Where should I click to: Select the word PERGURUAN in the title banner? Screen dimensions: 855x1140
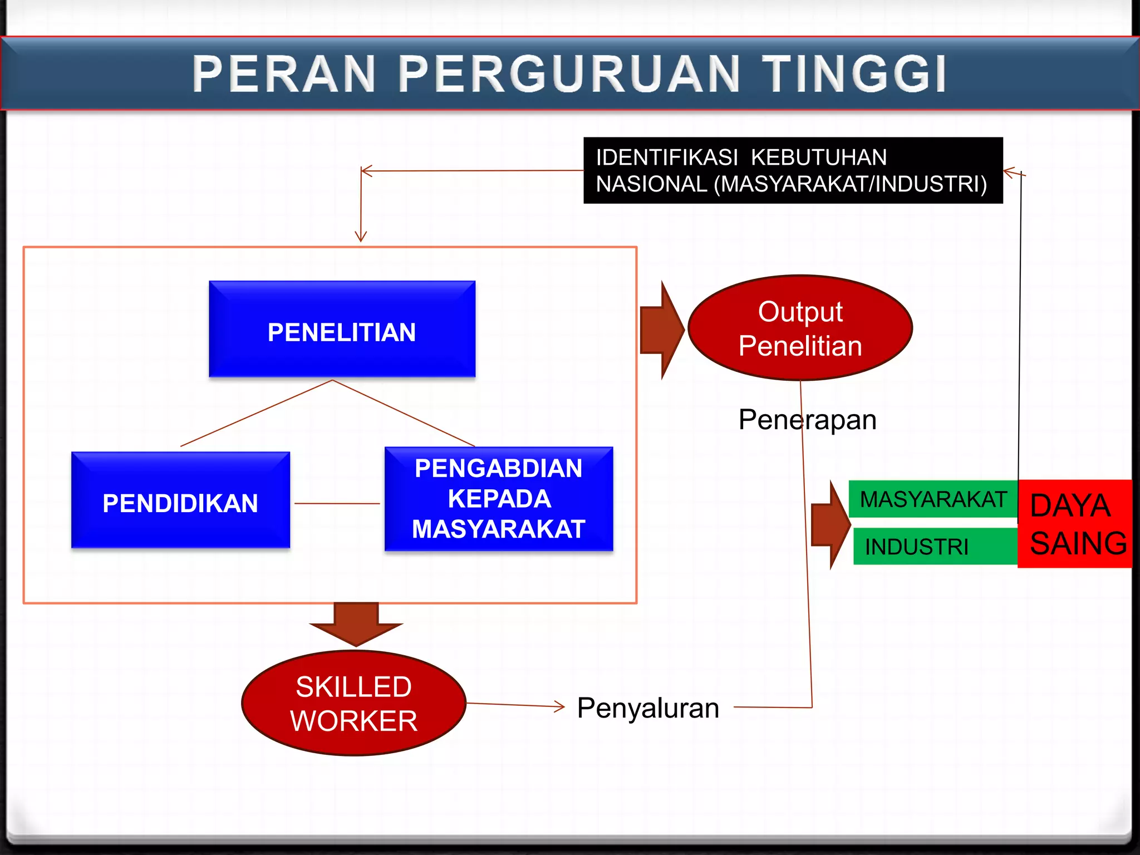click(x=569, y=74)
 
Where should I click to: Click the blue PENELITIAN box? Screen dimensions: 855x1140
click(x=342, y=330)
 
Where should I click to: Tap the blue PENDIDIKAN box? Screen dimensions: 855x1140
click(x=180, y=500)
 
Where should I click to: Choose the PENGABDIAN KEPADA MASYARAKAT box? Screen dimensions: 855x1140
click(x=499, y=499)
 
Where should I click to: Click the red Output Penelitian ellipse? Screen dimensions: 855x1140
click(x=800, y=328)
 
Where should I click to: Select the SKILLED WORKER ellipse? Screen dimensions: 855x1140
click(x=353, y=703)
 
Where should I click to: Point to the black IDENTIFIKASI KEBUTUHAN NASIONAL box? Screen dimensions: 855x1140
click(x=793, y=170)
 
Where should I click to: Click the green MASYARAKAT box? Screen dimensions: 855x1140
click(x=933, y=499)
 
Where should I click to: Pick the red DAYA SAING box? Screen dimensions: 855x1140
click(x=1075, y=524)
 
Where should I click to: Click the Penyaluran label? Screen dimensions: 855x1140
click(x=648, y=708)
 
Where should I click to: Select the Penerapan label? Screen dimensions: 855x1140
click(x=807, y=420)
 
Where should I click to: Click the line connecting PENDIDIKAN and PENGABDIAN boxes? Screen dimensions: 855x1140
click(x=337, y=503)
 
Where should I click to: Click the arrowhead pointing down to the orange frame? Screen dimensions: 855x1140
click(x=361, y=237)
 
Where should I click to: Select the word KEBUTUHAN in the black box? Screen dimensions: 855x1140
click(x=818, y=158)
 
